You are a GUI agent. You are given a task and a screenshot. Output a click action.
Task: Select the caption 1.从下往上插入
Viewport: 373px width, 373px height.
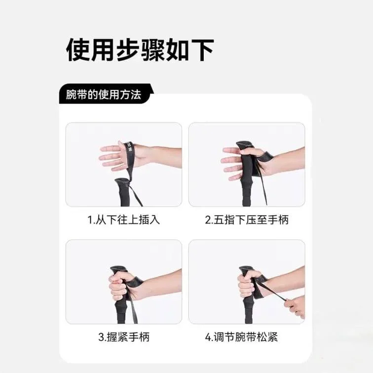(x=124, y=220)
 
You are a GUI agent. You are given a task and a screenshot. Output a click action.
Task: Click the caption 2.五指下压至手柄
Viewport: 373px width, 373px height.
(x=247, y=220)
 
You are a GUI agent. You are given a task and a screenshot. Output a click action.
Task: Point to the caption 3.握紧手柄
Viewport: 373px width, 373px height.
(x=124, y=337)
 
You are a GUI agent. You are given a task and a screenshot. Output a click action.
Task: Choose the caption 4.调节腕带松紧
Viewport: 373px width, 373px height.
(x=241, y=337)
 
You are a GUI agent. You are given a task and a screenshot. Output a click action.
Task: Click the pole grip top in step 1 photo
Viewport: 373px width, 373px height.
(x=122, y=183)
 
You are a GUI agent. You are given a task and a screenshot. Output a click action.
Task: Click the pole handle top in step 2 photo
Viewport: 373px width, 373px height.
(x=244, y=146)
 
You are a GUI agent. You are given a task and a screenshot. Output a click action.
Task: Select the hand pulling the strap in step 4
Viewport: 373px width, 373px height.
(x=295, y=306)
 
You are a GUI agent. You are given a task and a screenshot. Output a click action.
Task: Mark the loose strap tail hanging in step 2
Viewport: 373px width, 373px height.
(x=262, y=186)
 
